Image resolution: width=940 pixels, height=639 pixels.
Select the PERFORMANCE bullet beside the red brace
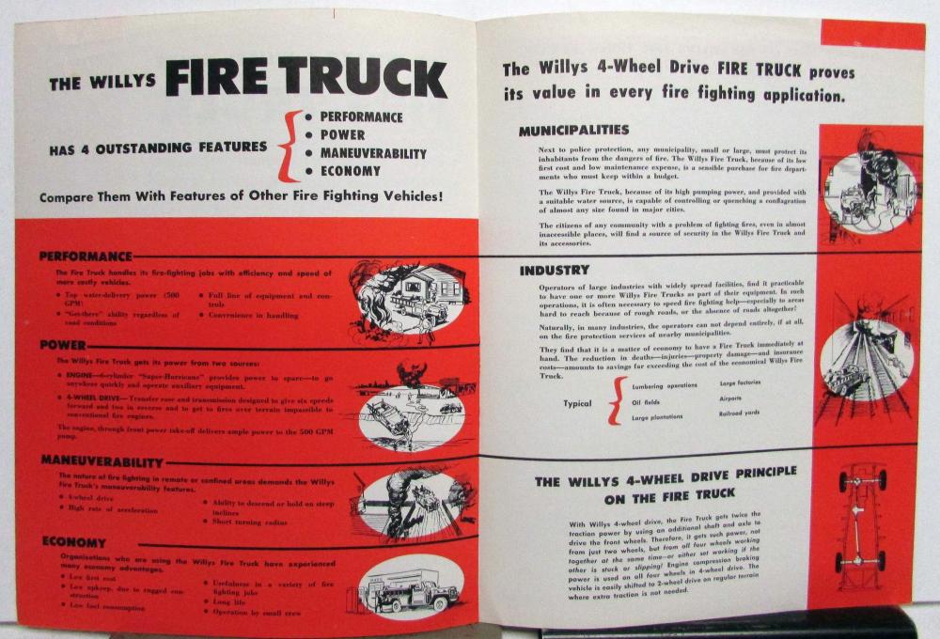tap(361, 117)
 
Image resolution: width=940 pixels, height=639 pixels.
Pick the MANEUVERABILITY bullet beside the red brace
tap(372, 153)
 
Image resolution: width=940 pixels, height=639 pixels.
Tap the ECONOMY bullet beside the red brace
tap(350, 171)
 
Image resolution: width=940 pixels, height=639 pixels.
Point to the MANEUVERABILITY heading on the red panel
tap(102, 461)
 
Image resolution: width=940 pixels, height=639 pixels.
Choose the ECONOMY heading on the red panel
tap(72, 542)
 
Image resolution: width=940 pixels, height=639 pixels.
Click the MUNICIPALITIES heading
tap(573, 131)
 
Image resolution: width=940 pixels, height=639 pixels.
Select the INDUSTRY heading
tap(555, 271)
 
